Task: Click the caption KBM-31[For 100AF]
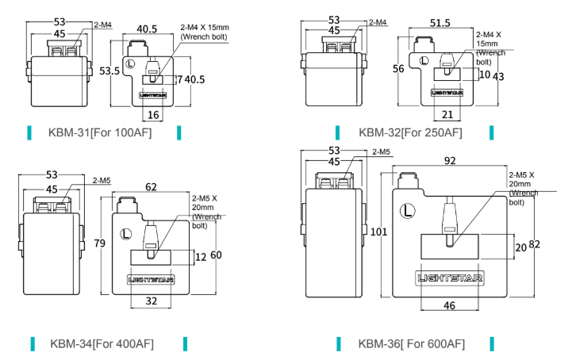(x=100, y=132)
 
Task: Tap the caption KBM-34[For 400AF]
(x=102, y=343)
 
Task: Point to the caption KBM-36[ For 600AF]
(x=411, y=343)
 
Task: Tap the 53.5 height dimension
(x=109, y=71)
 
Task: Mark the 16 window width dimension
(x=153, y=115)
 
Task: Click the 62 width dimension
(x=152, y=187)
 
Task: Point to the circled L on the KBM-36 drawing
(x=407, y=212)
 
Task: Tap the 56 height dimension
(x=399, y=69)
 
